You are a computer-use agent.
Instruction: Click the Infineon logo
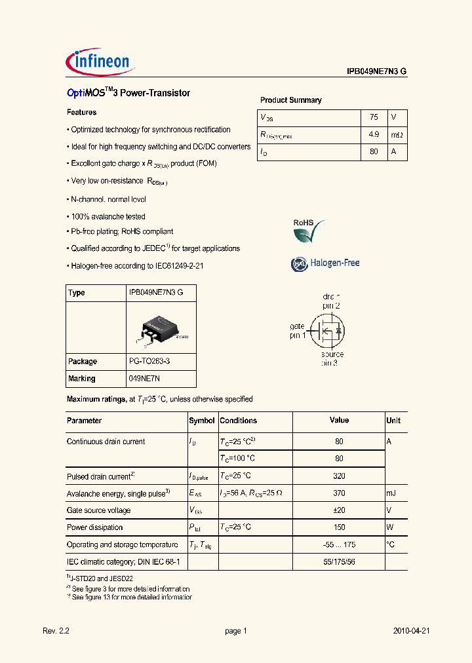(100, 62)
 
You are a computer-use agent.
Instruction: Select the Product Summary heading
(291, 100)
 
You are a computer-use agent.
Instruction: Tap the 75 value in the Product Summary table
(374, 117)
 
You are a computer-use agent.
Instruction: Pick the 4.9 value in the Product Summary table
(374, 134)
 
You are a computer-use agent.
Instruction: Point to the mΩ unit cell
(397, 134)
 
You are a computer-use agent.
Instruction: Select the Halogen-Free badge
(326, 263)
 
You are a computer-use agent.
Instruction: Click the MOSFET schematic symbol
(328, 331)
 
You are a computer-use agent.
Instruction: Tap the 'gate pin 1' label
(298, 331)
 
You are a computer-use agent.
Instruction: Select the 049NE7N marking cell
(144, 379)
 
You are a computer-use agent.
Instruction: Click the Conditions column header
(239, 421)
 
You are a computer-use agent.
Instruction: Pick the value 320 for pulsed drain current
(339, 476)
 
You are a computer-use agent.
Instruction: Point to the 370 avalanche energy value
(339, 493)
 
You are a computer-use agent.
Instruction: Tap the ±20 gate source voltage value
(339, 510)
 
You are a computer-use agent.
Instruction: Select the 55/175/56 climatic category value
(339, 561)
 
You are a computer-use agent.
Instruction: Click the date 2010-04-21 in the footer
(411, 631)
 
